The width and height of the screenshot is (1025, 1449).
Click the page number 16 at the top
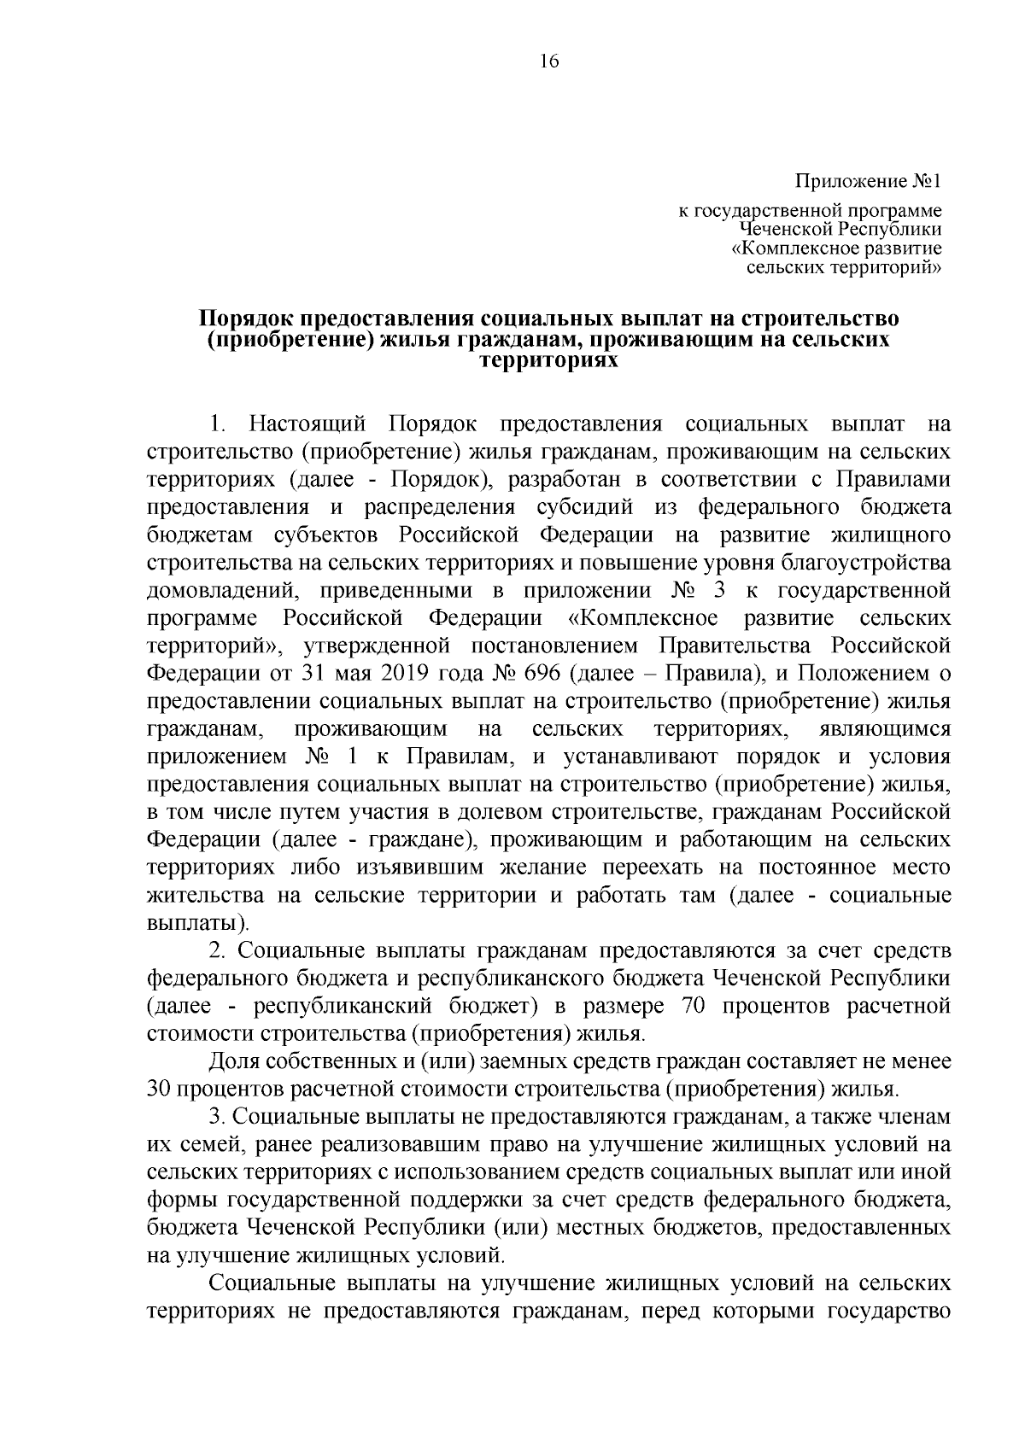coord(548,61)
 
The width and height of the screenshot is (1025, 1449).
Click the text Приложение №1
coord(869,182)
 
